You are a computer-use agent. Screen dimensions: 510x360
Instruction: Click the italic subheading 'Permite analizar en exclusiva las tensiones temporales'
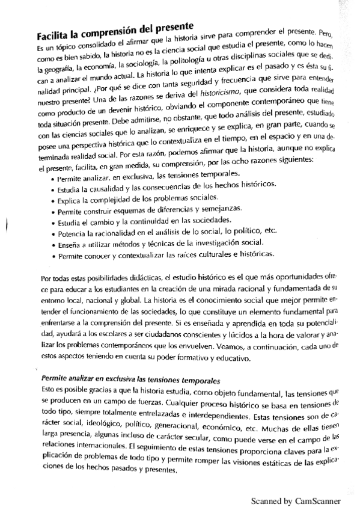tap(130, 381)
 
